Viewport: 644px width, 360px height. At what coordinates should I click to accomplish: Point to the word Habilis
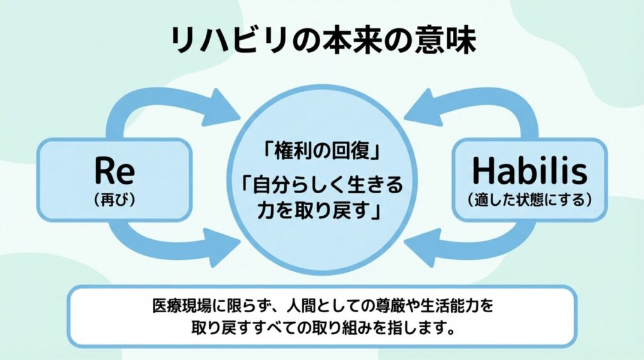(530, 171)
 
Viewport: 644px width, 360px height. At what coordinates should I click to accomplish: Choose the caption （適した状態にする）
(530, 200)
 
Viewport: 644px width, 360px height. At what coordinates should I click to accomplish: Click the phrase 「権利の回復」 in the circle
(323, 152)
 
